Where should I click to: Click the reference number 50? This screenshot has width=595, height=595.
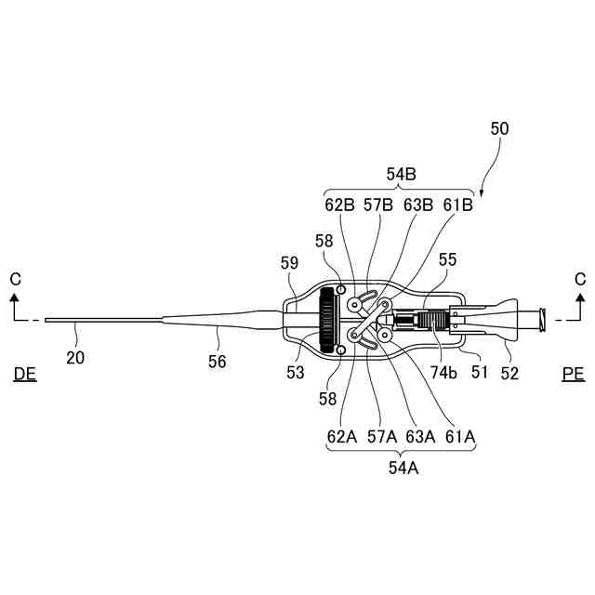[x=499, y=131]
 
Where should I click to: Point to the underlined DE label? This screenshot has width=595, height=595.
[x=25, y=374]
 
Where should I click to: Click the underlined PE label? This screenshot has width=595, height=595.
[x=574, y=374]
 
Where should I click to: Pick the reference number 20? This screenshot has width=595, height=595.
[x=75, y=355]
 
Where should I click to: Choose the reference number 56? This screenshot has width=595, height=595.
[x=217, y=363]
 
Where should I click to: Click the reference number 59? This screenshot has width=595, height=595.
[x=288, y=263]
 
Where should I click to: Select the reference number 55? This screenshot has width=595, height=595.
[x=447, y=263]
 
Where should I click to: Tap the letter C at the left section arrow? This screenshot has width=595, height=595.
[x=14, y=278]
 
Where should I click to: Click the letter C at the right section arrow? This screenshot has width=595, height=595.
[x=580, y=278]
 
